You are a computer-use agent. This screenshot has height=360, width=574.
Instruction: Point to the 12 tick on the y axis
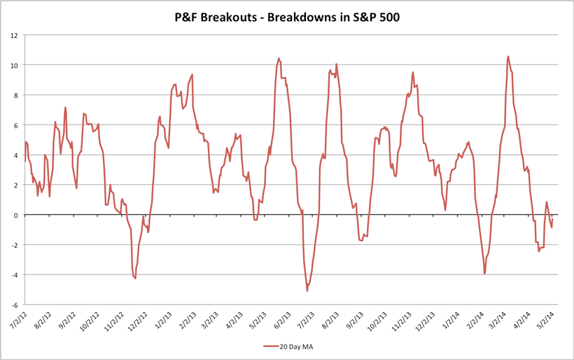pyautogui.click(x=13, y=35)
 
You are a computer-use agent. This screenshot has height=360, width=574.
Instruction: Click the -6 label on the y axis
pyautogui.click(x=13, y=305)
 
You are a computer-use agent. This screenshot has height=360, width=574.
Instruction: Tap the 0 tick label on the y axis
pyautogui.click(x=15, y=215)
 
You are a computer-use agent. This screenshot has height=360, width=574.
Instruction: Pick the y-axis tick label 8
pyautogui.click(x=15, y=95)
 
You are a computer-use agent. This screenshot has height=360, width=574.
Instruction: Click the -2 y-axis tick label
pyautogui.click(x=13, y=245)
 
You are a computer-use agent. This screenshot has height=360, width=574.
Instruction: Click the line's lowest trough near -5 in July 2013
pyautogui.click(x=307, y=291)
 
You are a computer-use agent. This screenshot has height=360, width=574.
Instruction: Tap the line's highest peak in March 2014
pyautogui.click(x=508, y=57)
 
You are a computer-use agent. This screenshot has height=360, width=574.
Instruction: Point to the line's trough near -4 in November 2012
pyautogui.click(x=135, y=278)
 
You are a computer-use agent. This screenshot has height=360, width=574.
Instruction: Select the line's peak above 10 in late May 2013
pyautogui.click(x=279, y=59)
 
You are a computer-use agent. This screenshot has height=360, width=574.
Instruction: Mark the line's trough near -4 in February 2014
pyautogui.click(x=484, y=273)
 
